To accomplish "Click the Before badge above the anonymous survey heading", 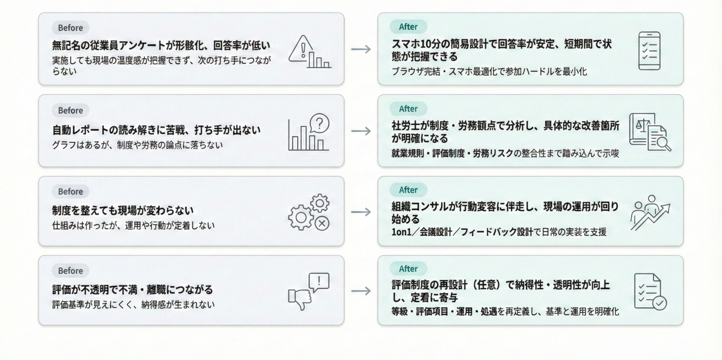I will (70, 28).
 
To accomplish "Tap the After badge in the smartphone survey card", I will (408, 27).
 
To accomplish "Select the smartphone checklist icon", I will (649, 51).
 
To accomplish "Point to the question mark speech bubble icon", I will (320, 123).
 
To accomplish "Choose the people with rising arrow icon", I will (650, 212).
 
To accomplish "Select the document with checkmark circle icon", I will (650, 291).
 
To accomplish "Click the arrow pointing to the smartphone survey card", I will (361, 49).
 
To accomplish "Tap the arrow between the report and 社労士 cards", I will (361, 131).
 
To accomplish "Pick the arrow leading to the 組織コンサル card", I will (361, 212).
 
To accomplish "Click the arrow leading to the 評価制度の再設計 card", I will (361, 291).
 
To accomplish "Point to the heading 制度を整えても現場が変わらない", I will (123, 210).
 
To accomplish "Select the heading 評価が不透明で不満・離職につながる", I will (132, 290).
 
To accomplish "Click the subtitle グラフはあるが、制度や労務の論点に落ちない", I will (137, 145).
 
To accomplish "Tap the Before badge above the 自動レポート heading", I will (70, 110).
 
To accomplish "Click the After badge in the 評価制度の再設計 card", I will (408, 269).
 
